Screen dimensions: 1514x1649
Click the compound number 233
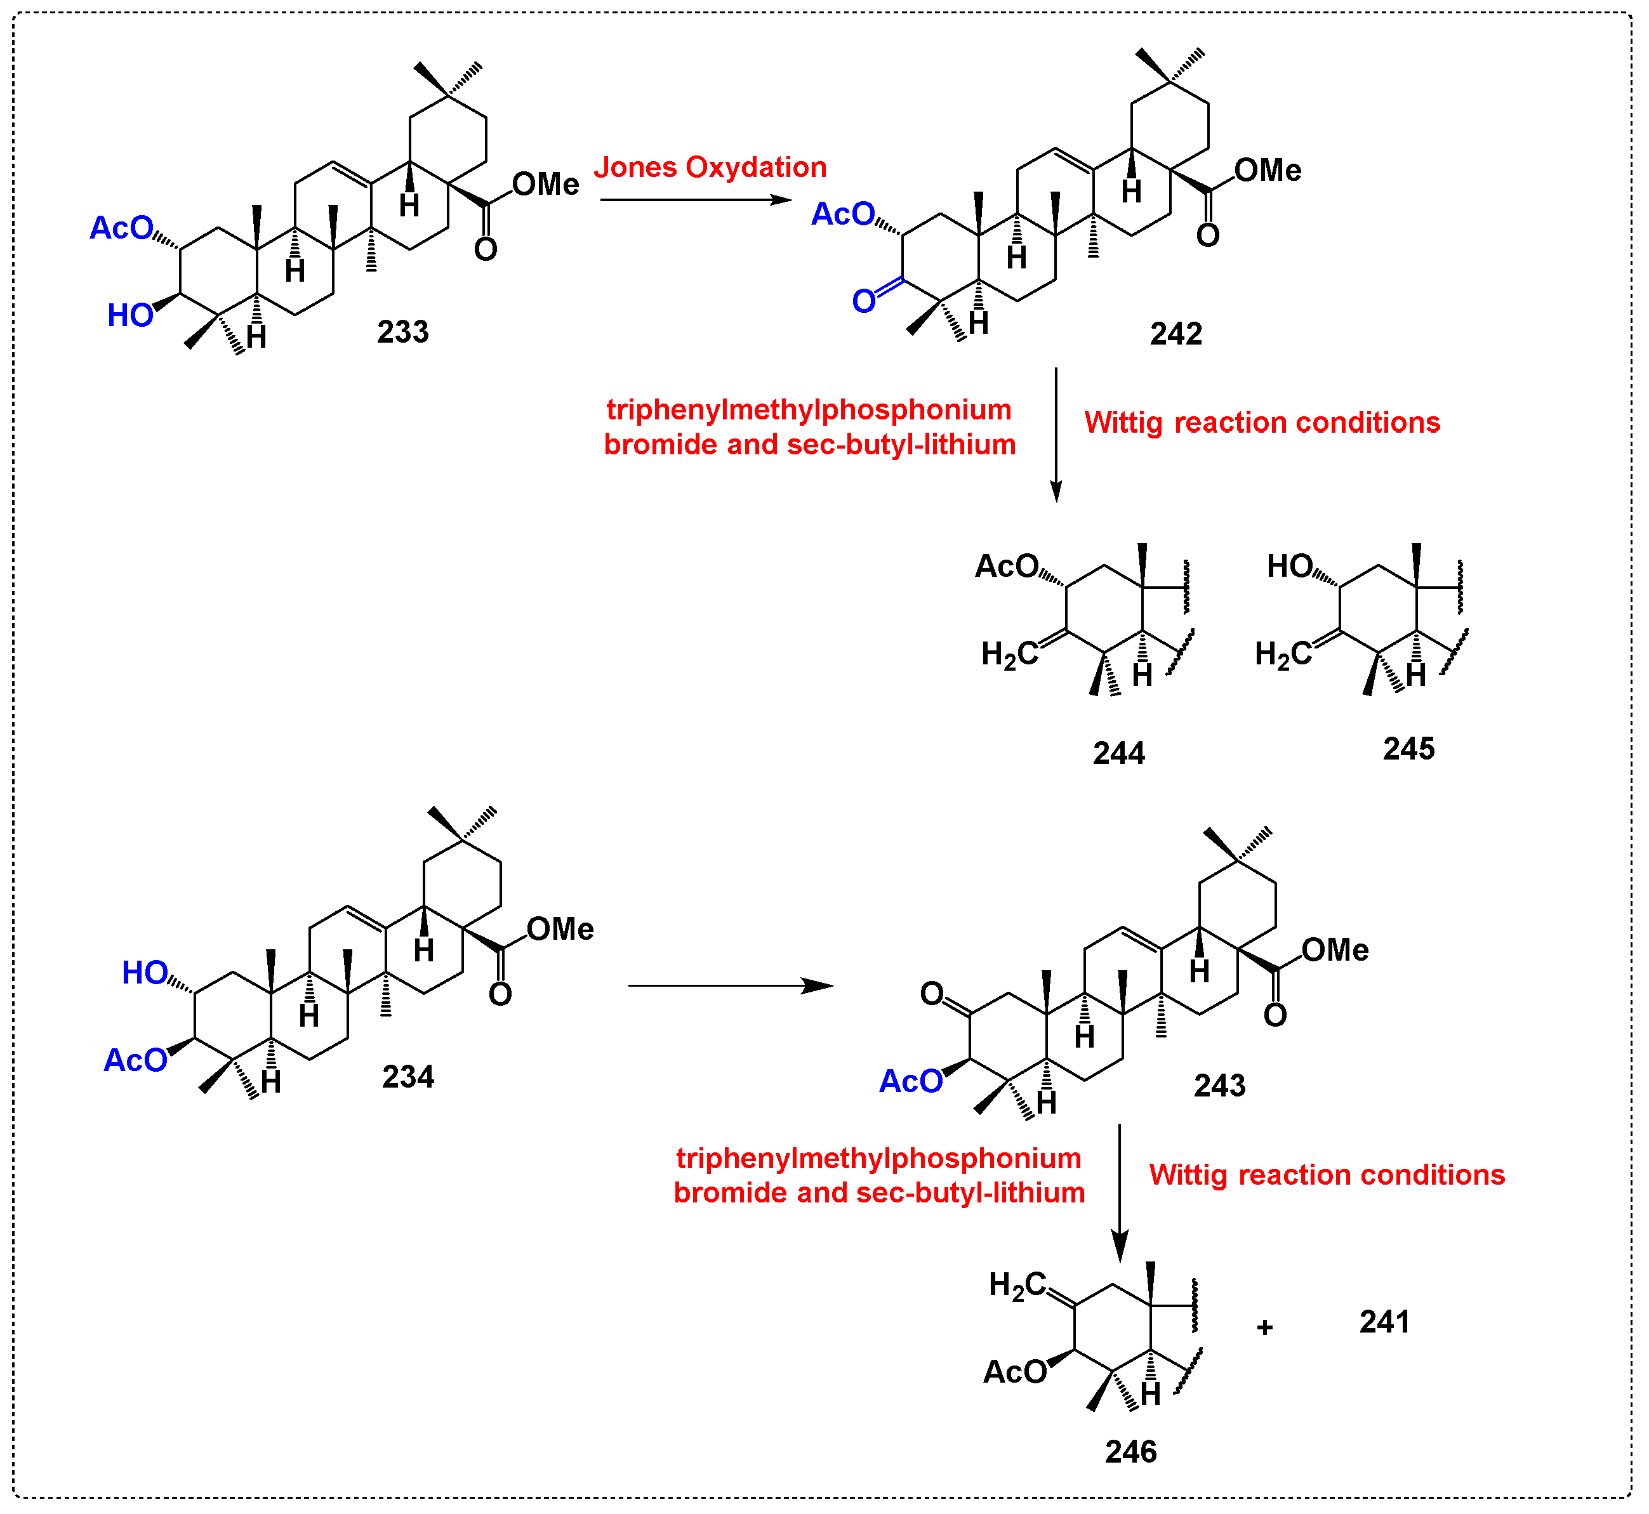(x=402, y=332)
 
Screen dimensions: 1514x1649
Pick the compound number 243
(x=1219, y=1086)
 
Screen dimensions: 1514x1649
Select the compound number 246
(x=1130, y=1452)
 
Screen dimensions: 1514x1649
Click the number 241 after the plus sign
(x=1384, y=1322)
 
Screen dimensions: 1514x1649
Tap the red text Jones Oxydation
(x=710, y=167)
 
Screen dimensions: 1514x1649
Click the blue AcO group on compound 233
(x=121, y=228)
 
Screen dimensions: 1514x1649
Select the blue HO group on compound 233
(x=130, y=315)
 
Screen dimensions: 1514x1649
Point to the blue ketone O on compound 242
(x=864, y=301)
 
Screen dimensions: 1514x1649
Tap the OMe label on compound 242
(x=1267, y=171)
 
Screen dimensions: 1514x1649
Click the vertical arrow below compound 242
(x=1056, y=434)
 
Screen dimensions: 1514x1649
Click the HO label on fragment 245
(x=1290, y=566)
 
